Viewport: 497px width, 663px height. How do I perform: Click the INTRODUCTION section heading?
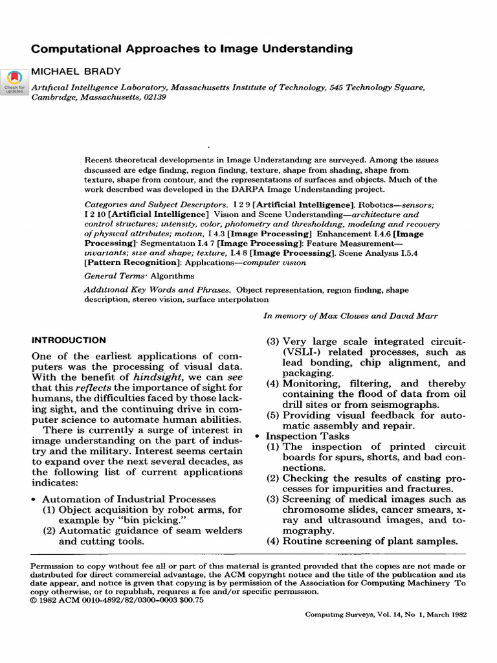click(x=69, y=340)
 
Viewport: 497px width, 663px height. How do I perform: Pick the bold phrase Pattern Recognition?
click(x=132, y=263)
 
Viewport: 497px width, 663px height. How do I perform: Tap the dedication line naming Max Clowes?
click(x=349, y=316)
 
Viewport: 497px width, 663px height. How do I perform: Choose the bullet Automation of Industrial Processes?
click(x=129, y=499)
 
